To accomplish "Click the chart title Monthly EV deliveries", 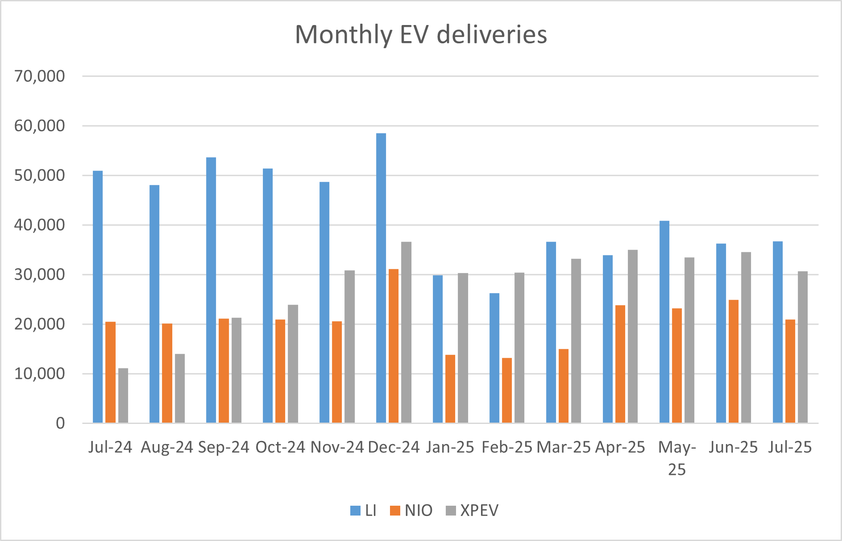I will (421, 34).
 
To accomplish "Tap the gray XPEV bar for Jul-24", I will (123, 395).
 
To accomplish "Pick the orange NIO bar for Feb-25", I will (507, 390).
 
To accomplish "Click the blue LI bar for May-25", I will (664, 322).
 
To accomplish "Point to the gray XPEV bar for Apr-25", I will (633, 336).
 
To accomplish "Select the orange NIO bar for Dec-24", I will (394, 346).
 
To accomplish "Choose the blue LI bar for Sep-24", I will (211, 290).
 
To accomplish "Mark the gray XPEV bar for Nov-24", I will (350, 346).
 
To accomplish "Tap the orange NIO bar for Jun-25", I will (734, 361).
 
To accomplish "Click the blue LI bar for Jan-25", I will (438, 349).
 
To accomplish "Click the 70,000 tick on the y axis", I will (39, 76).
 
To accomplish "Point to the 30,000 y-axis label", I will (39, 274).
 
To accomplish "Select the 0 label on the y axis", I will (60, 423).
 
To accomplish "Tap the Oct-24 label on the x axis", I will (280, 447).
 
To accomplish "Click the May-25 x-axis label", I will (677, 457).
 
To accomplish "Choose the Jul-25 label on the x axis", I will (790, 447).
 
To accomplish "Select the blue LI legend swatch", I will (356, 511).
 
